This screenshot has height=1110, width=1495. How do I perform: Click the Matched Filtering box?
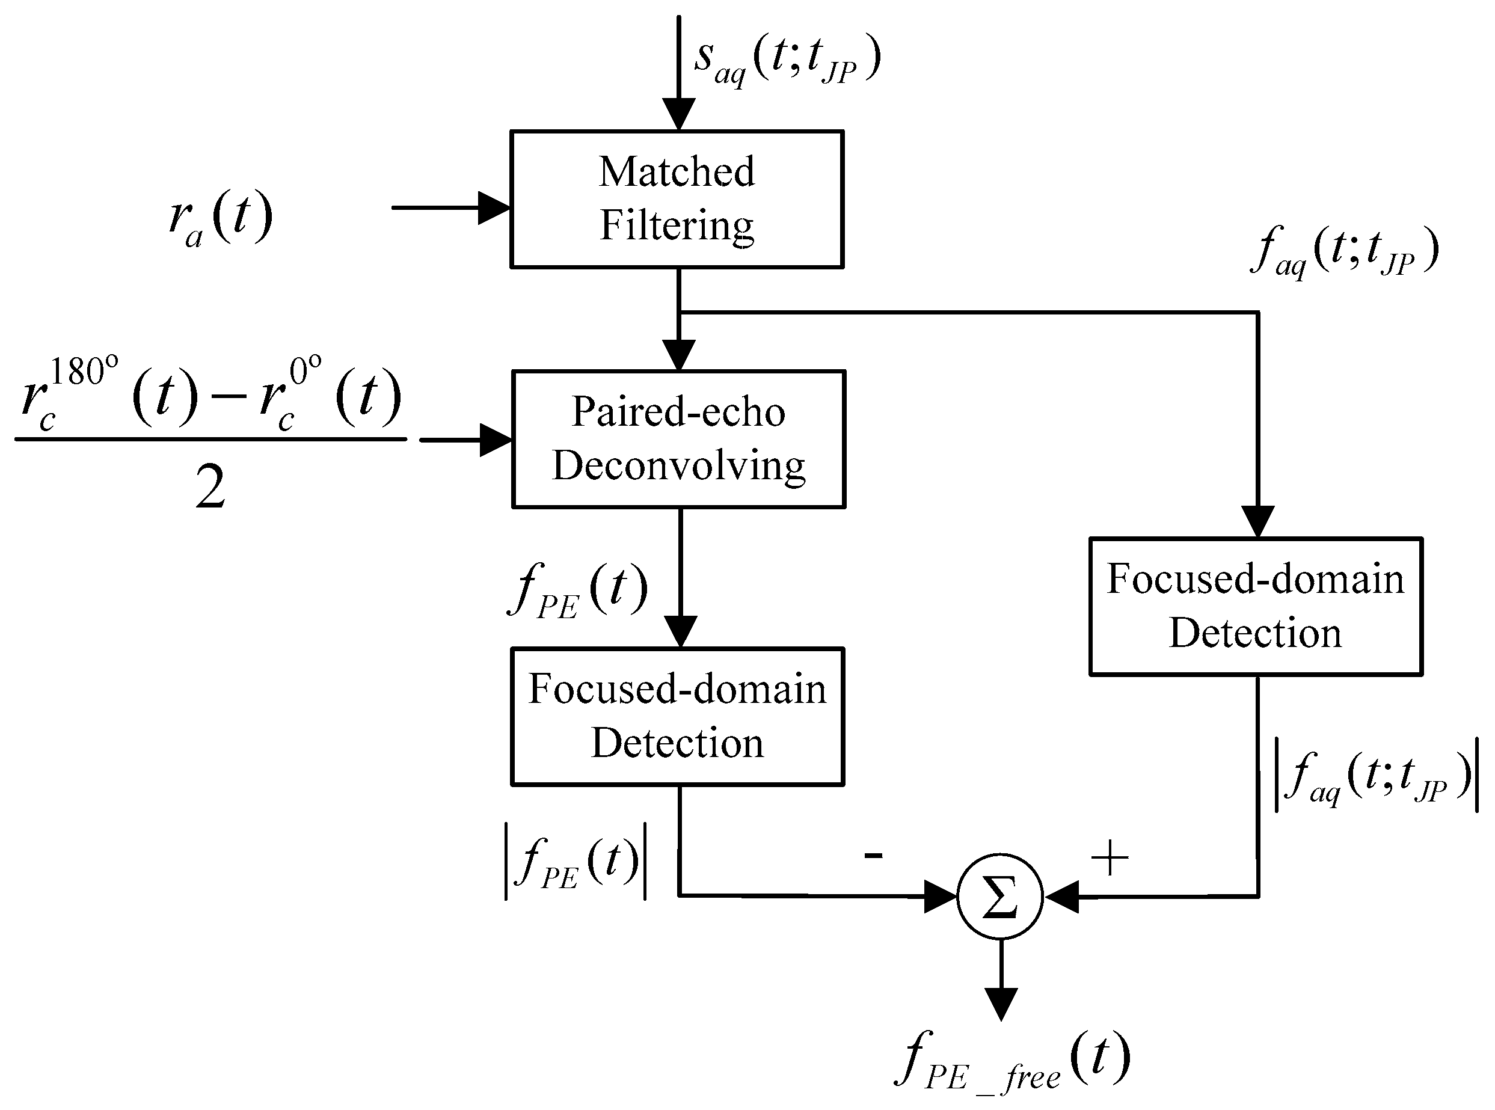[x=677, y=200]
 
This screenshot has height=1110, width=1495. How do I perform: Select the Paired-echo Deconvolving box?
[x=678, y=440]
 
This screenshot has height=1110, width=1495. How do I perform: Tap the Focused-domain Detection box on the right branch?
[x=1255, y=606]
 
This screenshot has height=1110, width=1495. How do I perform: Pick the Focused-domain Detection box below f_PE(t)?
[x=677, y=716]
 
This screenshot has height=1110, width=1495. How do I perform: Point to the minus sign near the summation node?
[x=873, y=854]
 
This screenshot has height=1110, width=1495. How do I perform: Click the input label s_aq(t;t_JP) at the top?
[x=786, y=61]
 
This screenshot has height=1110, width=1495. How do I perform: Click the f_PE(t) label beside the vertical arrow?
[x=578, y=590]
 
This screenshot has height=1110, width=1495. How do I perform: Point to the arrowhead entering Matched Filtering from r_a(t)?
[x=494, y=207]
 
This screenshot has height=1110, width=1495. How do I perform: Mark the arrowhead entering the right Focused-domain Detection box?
[x=1257, y=521]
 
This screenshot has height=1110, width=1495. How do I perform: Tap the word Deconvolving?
[x=678, y=465]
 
